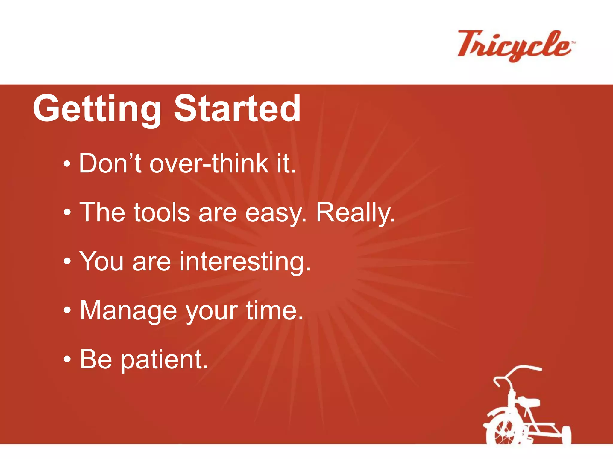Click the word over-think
click(x=209, y=163)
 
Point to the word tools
click(x=162, y=212)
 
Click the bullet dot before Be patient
click(x=68, y=359)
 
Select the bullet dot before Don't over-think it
click(x=67, y=164)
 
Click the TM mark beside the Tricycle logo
click(x=573, y=43)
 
